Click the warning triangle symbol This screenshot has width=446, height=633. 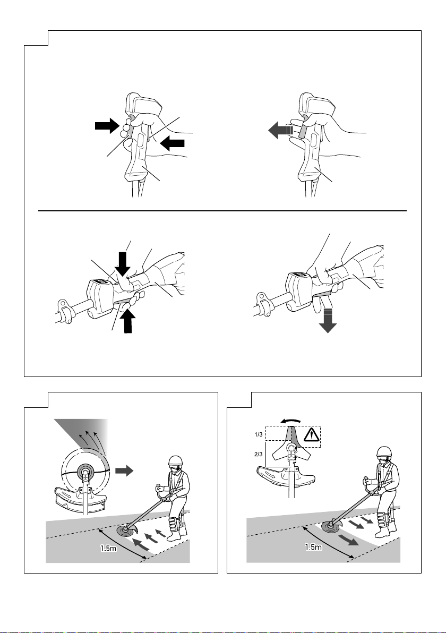311,435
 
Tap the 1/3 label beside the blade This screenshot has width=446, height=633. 259,435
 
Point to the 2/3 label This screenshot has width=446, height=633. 259,454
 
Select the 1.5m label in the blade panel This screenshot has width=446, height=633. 313,548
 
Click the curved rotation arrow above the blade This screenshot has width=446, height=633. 290,421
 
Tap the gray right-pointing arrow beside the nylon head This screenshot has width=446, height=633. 124,471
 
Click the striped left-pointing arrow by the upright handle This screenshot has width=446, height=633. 280,131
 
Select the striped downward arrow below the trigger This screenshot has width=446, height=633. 328,321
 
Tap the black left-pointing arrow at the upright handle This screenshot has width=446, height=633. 173,143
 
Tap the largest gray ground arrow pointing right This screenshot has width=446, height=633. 349,540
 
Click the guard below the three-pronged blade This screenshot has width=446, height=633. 285,474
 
